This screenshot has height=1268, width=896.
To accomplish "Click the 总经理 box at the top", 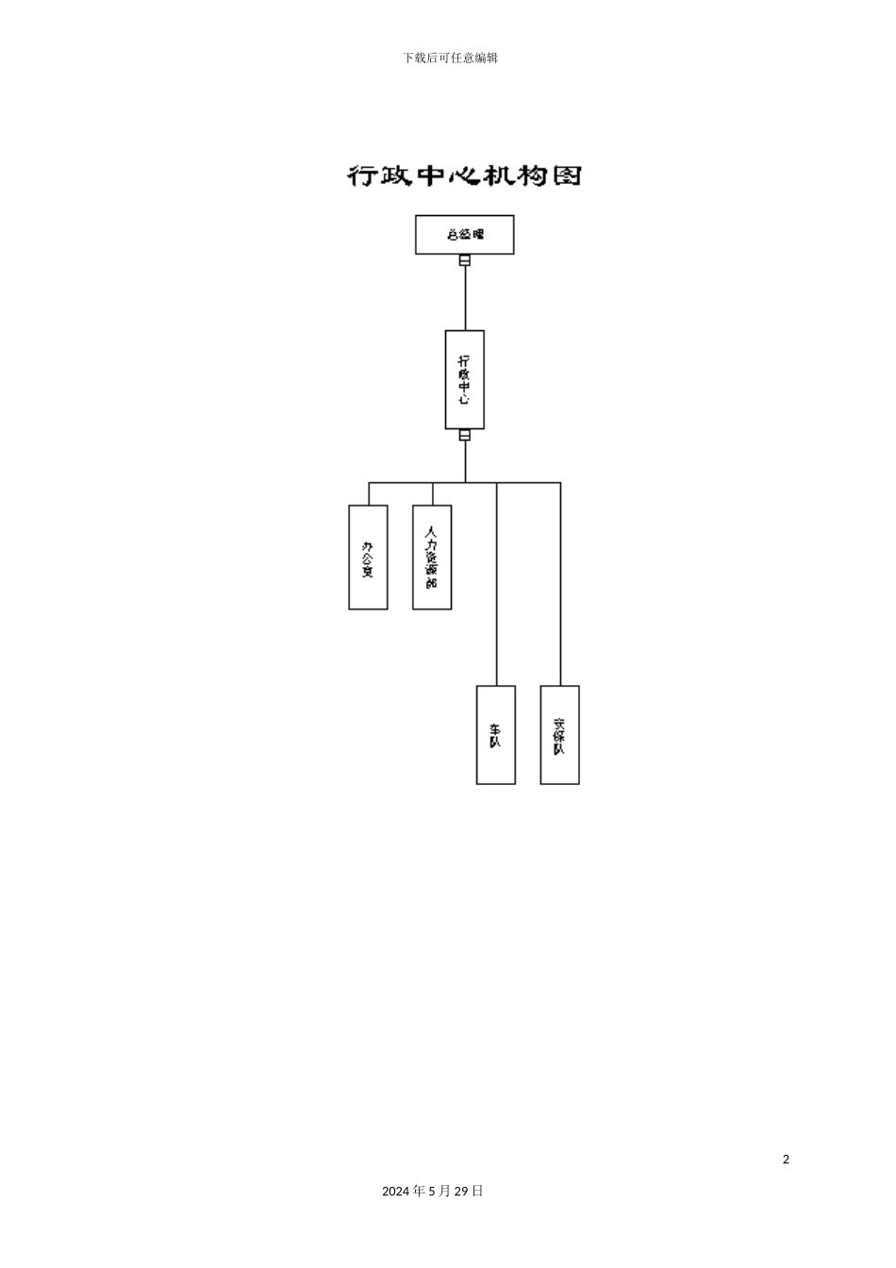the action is (x=464, y=234).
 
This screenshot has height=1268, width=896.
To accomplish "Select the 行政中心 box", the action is (x=464, y=379).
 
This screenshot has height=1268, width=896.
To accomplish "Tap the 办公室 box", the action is (x=368, y=557).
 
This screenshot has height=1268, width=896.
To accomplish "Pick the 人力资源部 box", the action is (x=432, y=557).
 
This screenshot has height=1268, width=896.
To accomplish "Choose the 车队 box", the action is (x=495, y=734).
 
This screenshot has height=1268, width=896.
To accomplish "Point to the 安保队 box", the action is (x=559, y=734).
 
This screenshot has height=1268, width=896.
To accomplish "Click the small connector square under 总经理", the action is (x=465, y=260).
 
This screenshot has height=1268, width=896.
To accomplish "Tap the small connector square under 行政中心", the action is (x=465, y=436).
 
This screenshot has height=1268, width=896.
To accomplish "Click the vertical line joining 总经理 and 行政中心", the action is (x=465, y=297).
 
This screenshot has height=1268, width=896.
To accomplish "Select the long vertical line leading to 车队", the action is (x=497, y=585).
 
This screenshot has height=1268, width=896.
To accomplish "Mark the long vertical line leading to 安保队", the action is (x=561, y=585).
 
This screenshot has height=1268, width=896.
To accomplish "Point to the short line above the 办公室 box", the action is (x=369, y=493).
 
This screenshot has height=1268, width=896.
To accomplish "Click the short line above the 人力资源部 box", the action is (x=433, y=493).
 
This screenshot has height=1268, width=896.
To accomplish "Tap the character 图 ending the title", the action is (x=566, y=175).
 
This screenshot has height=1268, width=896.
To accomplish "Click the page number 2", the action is (x=786, y=1160).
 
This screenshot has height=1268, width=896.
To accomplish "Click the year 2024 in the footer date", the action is (x=396, y=1192).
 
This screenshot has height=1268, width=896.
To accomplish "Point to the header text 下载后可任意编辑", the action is (x=450, y=58).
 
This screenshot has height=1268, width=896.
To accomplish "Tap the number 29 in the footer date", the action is (x=461, y=1192).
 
